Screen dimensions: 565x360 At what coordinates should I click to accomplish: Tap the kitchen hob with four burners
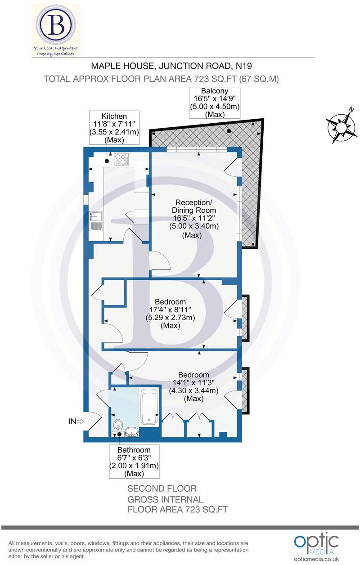click(x=121, y=159)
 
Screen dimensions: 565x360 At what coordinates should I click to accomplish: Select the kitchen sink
click(x=96, y=220)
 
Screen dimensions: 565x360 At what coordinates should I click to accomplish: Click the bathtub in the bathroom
click(x=149, y=408)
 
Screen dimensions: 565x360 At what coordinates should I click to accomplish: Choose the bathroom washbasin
click(x=132, y=432)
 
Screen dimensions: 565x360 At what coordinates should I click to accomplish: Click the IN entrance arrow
click(x=76, y=422)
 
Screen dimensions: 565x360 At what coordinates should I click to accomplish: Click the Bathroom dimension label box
click(x=135, y=462)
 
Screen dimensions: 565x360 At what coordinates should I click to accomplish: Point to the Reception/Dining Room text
click(x=193, y=206)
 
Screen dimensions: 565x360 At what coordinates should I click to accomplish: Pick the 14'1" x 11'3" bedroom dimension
click(x=193, y=383)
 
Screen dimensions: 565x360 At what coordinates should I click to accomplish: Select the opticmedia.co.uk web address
click(x=316, y=559)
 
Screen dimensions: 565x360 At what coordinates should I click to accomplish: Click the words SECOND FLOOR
click(x=162, y=489)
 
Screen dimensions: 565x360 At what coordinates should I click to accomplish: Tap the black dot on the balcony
click(x=229, y=132)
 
